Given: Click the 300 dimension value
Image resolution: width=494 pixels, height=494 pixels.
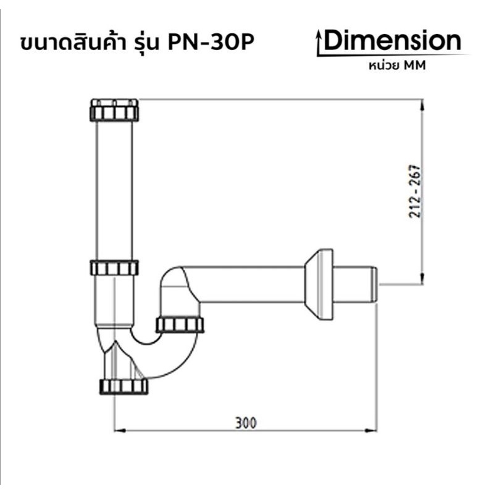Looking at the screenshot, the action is (246, 423).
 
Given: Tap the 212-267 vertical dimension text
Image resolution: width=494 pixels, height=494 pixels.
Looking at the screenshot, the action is (415, 191).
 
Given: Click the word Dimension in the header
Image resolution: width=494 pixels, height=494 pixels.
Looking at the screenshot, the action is (392, 40).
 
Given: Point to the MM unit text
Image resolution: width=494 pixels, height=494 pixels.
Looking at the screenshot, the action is (414, 65).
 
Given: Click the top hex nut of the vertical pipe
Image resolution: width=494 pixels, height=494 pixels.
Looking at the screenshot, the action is (114, 110).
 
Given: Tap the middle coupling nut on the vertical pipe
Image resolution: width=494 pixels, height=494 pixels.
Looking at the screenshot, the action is (114, 268).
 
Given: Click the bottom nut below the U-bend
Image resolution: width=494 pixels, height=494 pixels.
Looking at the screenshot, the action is (124, 387).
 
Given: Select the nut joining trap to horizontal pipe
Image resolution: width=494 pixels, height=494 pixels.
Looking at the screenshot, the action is (180, 325).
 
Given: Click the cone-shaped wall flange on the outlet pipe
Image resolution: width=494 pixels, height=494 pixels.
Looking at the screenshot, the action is (319, 285).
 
